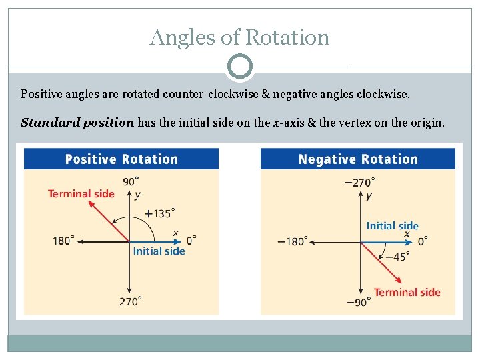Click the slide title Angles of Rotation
click(239, 37)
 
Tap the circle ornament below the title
click(239, 67)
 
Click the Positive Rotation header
click(121, 159)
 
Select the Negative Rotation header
click(358, 159)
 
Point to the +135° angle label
click(160, 213)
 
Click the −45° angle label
click(397, 256)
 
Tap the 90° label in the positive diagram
click(131, 181)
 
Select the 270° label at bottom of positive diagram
click(131, 302)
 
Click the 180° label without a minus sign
click(64, 241)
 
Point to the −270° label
click(359, 181)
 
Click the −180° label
click(293, 241)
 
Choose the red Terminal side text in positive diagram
click(81, 194)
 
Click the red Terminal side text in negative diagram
click(407, 292)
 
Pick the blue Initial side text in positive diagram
click(159, 251)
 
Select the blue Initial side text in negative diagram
click(392, 226)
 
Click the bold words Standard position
click(77, 123)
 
